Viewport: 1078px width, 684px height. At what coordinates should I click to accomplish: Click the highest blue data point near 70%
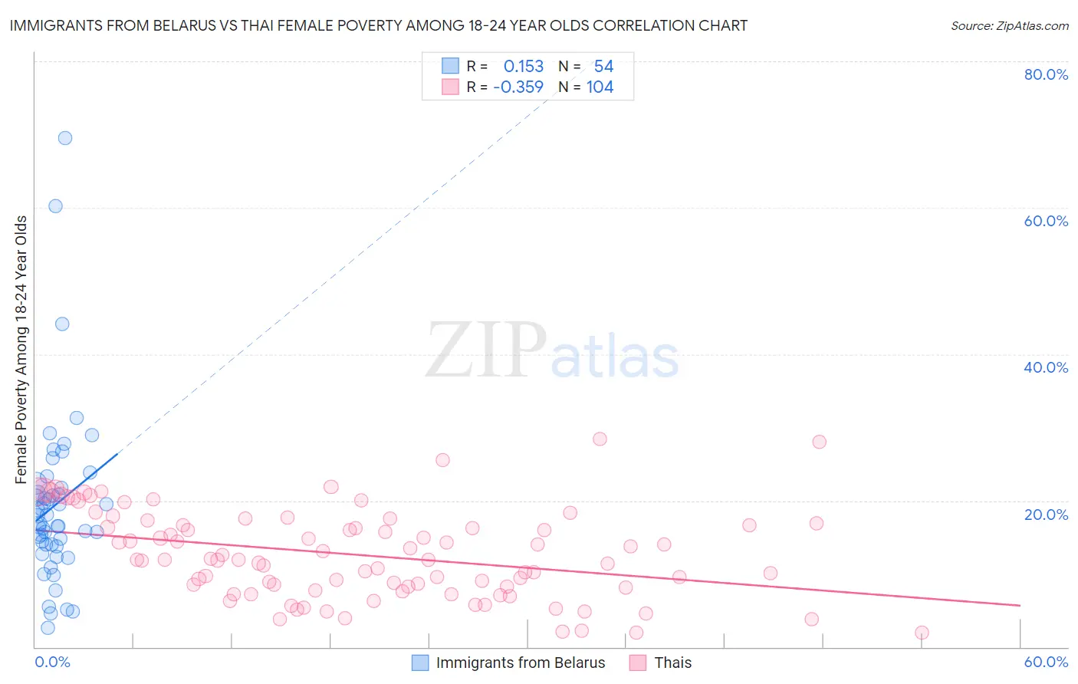click(65, 138)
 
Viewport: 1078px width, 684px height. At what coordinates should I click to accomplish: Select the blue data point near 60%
click(55, 206)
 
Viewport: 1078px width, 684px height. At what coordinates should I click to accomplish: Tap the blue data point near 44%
click(62, 324)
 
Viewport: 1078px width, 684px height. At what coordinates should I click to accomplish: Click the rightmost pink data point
click(922, 633)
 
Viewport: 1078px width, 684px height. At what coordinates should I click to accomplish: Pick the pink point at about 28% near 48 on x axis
click(819, 442)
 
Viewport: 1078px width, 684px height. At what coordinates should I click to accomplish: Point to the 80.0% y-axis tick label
click(1046, 74)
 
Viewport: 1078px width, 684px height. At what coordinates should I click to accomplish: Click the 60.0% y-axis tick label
click(1046, 221)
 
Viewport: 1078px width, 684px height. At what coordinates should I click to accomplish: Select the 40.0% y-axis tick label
click(1046, 367)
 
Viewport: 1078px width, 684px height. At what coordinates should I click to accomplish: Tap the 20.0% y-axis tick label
click(1046, 514)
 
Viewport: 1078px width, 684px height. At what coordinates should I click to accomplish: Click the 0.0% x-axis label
click(52, 662)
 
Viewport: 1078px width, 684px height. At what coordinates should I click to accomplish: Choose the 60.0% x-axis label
click(1046, 662)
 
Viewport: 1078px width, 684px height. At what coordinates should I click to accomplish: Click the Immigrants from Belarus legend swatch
click(420, 663)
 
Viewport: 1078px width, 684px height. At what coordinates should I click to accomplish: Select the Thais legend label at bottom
click(672, 663)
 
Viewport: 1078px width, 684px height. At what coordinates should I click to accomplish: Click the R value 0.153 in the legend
click(524, 67)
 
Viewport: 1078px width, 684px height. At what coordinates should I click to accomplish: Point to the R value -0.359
click(518, 87)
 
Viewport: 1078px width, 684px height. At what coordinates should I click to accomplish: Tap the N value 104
click(600, 87)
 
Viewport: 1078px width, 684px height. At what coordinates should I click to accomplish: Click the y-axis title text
click(21, 350)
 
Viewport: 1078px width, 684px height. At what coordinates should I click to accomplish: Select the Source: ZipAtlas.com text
click(1009, 25)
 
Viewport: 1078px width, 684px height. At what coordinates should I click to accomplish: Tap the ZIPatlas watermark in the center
click(552, 351)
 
